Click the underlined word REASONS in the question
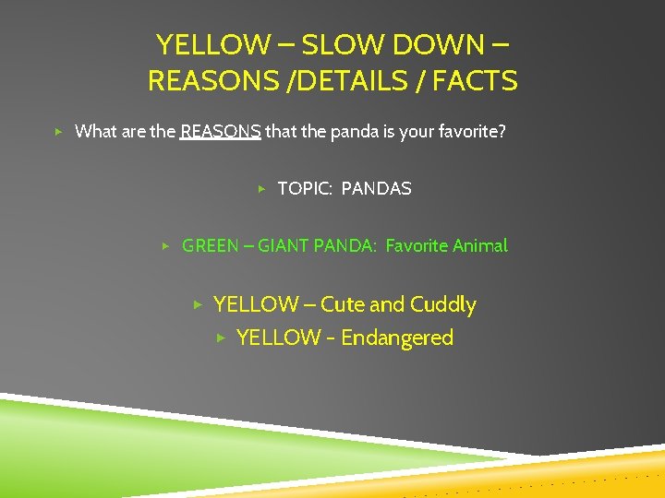click(x=221, y=131)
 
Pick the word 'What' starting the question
click(x=95, y=131)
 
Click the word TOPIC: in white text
click(x=305, y=188)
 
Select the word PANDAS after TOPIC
click(x=377, y=188)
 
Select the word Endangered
click(x=397, y=338)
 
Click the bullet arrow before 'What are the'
click(x=58, y=132)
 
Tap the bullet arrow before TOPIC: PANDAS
click(x=261, y=189)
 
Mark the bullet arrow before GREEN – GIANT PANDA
click(x=165, y=246)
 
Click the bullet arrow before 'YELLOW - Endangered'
click(x=220, y=338)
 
